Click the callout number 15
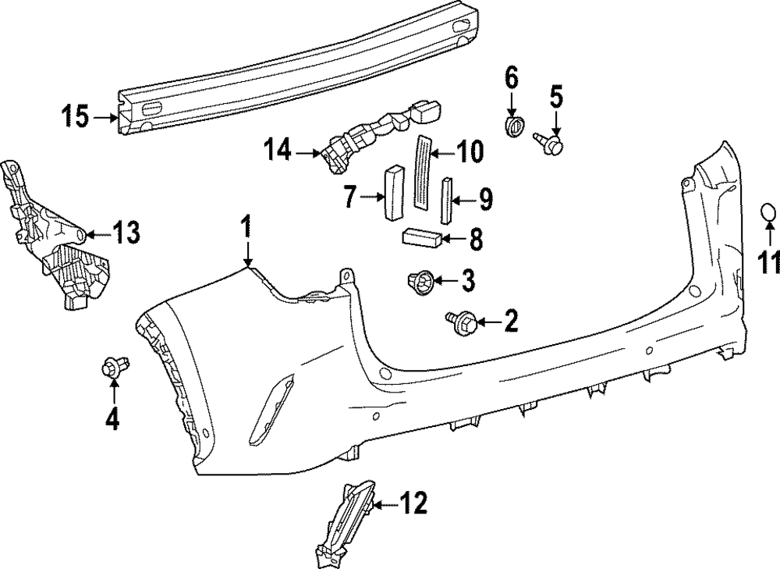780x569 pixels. point(76,119)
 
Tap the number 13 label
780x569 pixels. point(126,231)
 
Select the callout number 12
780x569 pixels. point(413,504)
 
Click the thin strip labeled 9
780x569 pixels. point(447,201)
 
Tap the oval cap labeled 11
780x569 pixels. point(768,212)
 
